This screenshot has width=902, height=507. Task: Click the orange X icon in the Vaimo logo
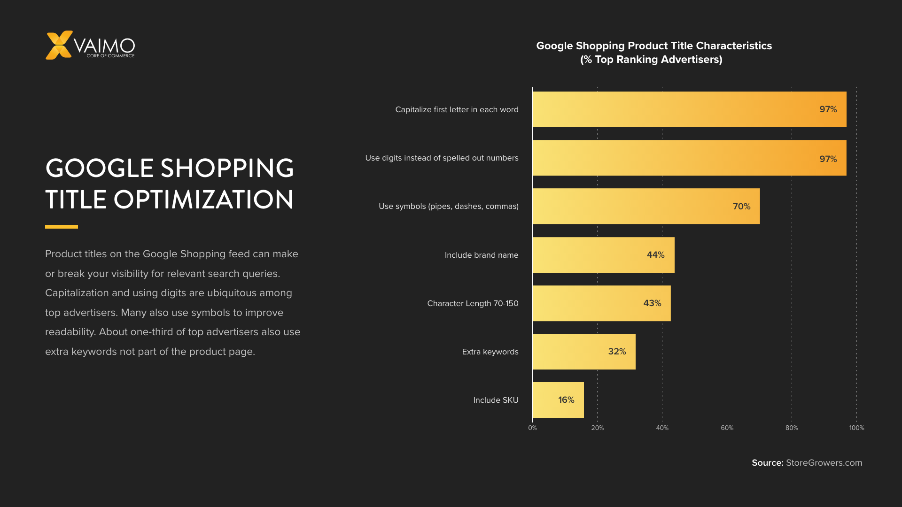tap(59, 45)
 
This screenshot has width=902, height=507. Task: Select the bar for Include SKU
tap(558, 400)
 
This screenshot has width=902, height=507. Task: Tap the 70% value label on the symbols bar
tap(741, 207)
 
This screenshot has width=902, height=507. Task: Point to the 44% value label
tap(655, 255)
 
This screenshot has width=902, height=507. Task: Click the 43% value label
tap(652, 303)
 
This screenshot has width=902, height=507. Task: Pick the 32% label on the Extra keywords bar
tap(617, 352)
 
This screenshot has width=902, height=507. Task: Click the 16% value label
tap(566, 400)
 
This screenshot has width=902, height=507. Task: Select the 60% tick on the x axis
tap(727, 428)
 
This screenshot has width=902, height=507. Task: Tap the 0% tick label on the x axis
tap(532, 428)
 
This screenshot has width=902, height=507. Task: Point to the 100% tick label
tap(856, 428)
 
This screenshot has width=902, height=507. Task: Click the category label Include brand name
tap(482, 255)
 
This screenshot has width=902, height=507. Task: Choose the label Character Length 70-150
tap(473, 303)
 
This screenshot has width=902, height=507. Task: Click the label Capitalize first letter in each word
tap(457, 109)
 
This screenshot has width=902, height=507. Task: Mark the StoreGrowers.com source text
tap(824, 463)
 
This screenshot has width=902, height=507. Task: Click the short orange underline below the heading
tap(62, 227)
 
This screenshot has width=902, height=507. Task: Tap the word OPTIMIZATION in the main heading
tap(203, 200)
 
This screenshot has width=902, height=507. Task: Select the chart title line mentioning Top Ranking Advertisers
tap(651, 60)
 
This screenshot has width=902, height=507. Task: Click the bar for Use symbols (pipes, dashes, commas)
tap(646, 207)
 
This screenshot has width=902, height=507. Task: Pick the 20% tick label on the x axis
tap(597, 428)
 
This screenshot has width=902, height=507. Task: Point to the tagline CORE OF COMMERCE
tap(110, 56)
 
